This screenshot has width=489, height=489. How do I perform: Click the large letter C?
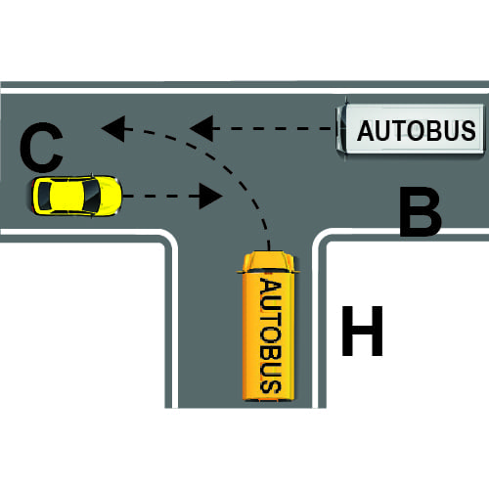pyautogui.click(x=41, y=147)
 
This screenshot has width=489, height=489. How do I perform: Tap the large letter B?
pyautogui.click(x=421, y=212)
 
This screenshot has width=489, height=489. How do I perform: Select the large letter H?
pyautogui.click(x=362, y=331)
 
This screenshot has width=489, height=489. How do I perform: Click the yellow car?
pyautogui.click(x=77, y=196)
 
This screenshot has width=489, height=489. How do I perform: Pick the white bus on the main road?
pyautogui.click(x=410, y=129)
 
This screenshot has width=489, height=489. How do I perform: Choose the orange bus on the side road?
pyautogui.click(x=268, y=326)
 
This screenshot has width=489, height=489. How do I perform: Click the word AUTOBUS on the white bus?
pyautogui.click(x=417, y=131)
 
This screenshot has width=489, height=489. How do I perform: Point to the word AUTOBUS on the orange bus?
pyautogui.click(x=271, y=335)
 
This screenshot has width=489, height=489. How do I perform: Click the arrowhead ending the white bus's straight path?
pyautogui.click(x=202, y=128)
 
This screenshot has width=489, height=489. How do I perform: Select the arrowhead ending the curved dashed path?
pyautogui.click(x=113, y=128)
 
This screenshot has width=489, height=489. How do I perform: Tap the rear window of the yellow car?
pyautogui.click(x=44, y=196)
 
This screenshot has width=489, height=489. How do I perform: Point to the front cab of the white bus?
pyautogui.click(x=341, y=129)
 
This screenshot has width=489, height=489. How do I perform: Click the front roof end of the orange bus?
pyautogui.click(x=268, y=261)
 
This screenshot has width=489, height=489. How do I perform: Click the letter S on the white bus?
pyautogui.click(x=468, y=131)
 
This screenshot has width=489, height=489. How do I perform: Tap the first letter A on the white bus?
pyautogui.click(x=366, y=131)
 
